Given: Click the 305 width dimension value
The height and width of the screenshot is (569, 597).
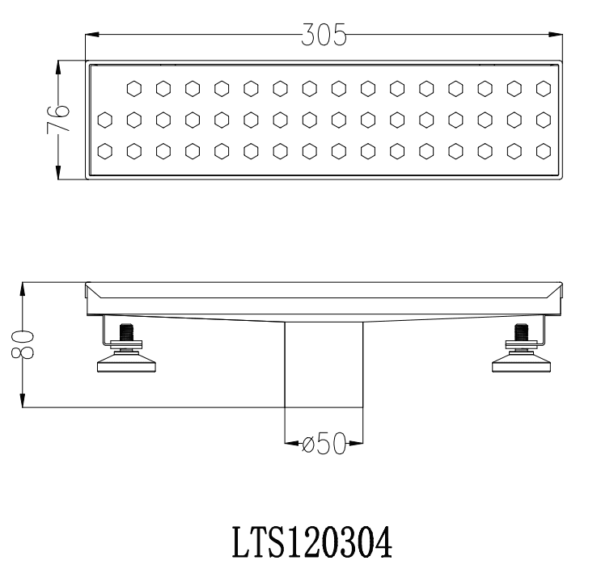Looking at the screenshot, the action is (324, 35).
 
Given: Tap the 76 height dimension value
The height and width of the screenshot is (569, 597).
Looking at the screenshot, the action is (58, 118).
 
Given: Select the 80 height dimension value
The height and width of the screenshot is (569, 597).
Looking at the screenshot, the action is (23, 344).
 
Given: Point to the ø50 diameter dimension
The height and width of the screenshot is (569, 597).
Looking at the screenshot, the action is (324, 443).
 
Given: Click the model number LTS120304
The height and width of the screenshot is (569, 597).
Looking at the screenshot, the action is (312, 542).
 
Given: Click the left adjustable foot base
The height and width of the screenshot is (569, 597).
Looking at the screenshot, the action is (126, 362).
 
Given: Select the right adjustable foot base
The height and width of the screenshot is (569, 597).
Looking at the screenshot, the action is (521, 362).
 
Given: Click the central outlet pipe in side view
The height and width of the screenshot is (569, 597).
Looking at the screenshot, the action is (324, 365).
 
